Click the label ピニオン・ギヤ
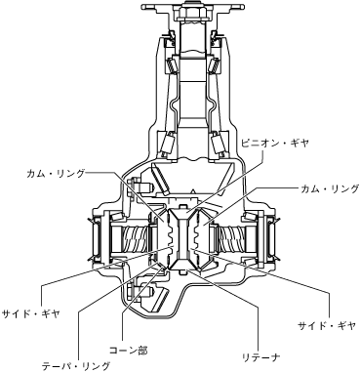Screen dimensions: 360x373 coord(274,144)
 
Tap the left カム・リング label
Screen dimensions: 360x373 coord(56,174)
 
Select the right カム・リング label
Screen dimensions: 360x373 coord(330,188)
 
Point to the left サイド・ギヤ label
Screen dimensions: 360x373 coord(31,314)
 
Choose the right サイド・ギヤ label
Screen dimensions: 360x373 coord(328,326)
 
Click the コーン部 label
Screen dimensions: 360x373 coord(128,351)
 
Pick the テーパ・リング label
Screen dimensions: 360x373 coord(76,366)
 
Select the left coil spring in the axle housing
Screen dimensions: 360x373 coord(135,239)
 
